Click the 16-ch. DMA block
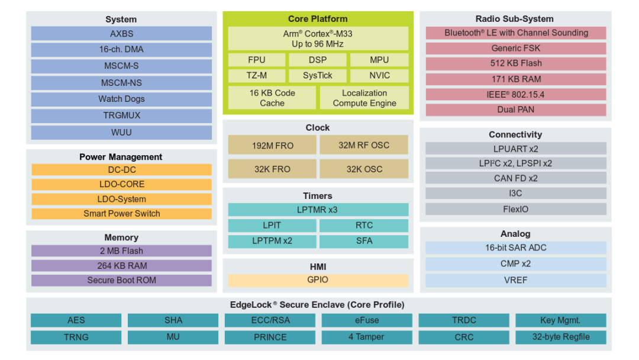click(121, 50)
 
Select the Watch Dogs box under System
click(121, 99)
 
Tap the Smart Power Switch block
click(121, 214)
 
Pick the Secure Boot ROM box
click(121, 280)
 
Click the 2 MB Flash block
click(121, 251)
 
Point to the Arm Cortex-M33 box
click(318, 39)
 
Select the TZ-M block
click(257, 76)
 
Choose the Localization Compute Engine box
click(364, 98)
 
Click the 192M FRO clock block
click(272, 145)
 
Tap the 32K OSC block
click(364, 169)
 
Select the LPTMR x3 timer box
click(318, 210)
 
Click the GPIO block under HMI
click(318, 280)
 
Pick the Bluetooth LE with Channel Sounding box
click(516, 33)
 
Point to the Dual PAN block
click(516, 110)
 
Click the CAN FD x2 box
click(516, 178)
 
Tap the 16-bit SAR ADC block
click(516, 248)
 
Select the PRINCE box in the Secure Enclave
click(270, 337)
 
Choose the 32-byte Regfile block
click(560, 337)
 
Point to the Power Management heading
click(121, 157)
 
